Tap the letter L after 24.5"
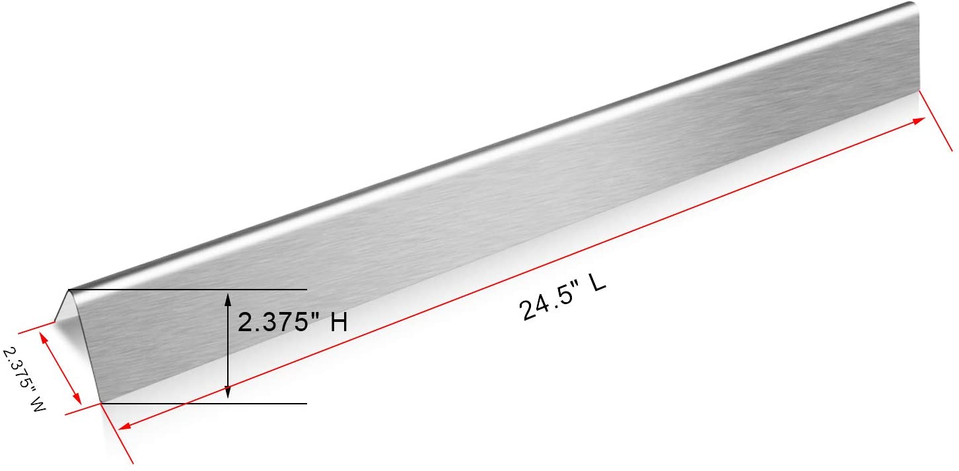pyautogui.click(x=598, y=283)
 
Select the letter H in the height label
pyautogui.click(x=339, y=322)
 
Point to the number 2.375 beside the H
pyautogui.click(x=272, y=322)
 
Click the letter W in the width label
pyautogui.click(x=38, y=404)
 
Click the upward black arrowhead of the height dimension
pyautogui.click(x=228, y=299)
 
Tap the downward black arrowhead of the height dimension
pyautogui.click(x=228, y=392)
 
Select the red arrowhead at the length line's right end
pyautogui.click(x=919, y=121)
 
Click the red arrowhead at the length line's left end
pyautogui.click(x=124, y=426)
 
